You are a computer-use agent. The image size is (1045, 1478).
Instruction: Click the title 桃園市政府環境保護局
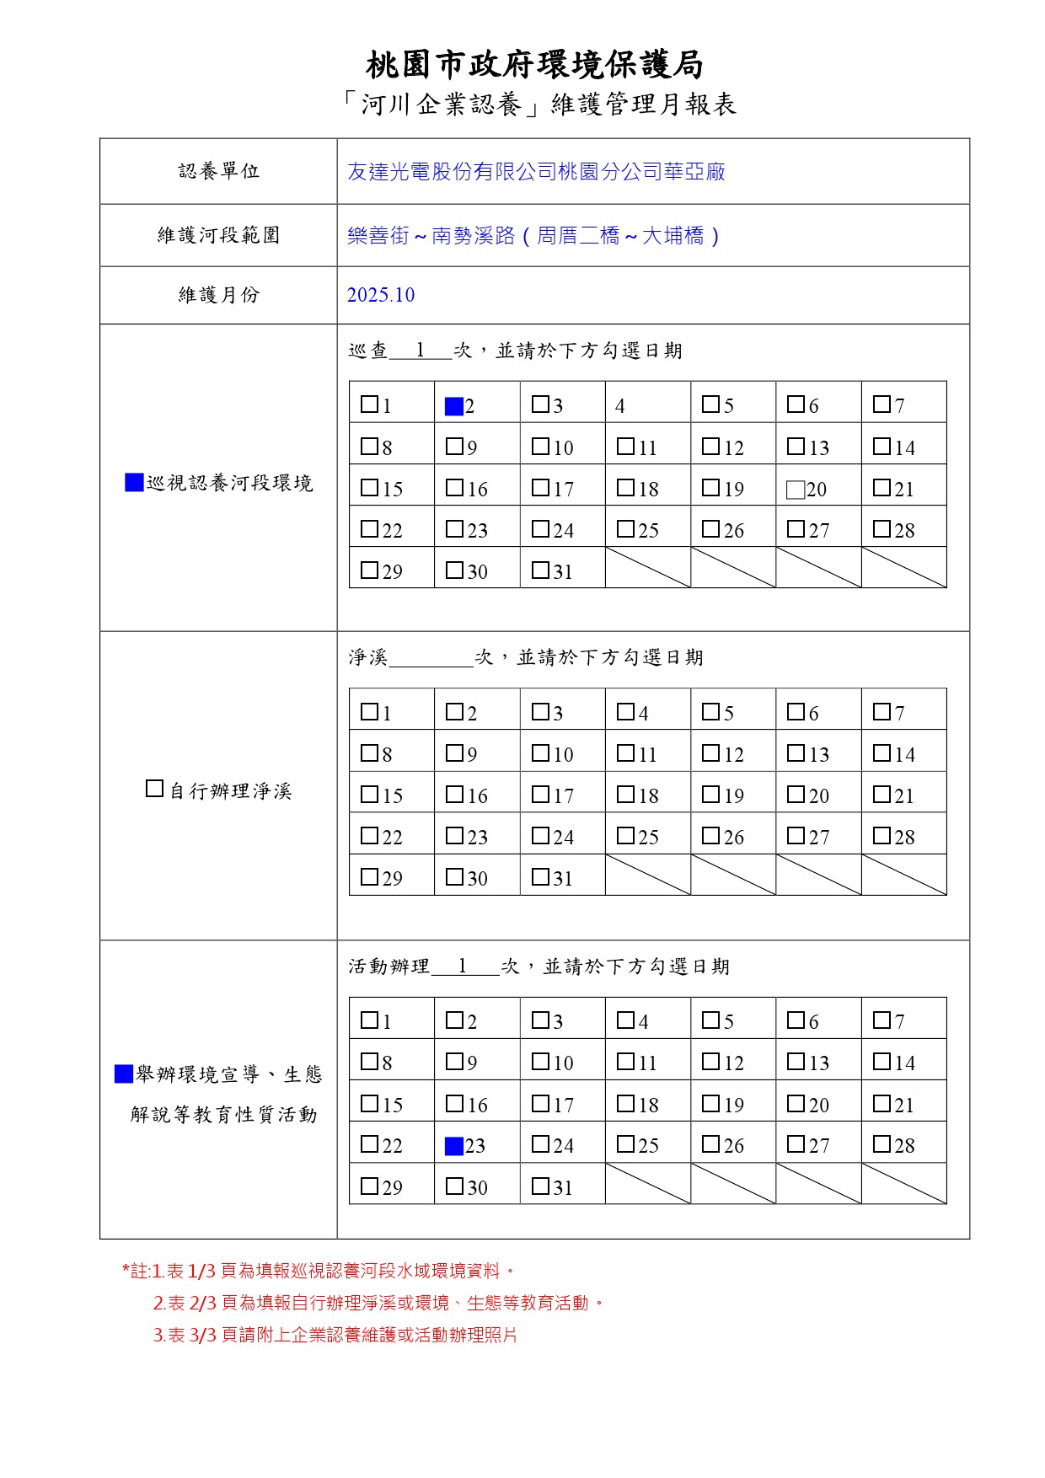coord(534,65)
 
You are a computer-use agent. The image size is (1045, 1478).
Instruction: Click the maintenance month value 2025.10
coord(381,295)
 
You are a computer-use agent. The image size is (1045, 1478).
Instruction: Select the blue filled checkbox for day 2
coord(454,406)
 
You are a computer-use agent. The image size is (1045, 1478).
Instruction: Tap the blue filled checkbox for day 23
coord(454,1146)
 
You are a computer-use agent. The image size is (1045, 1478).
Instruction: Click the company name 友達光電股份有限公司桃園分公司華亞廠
coord(536,172)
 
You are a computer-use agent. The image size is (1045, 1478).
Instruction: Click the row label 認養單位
coord(218,172)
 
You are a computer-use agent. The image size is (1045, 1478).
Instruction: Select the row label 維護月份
coord(218,295)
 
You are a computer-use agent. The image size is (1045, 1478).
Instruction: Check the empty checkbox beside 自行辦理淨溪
coord(154,790)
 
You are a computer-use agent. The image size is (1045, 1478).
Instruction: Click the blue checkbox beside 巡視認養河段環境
coord(134,483)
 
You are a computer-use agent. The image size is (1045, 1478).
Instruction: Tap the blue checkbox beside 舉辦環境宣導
coord(123,1074)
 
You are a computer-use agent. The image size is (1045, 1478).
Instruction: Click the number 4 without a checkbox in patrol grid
coord(619,406)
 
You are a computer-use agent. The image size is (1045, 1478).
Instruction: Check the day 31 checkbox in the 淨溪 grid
coord(540,876)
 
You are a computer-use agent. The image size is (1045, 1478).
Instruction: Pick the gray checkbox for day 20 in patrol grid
coord(795,490)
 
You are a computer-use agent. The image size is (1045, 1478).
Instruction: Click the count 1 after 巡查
coord(420,351)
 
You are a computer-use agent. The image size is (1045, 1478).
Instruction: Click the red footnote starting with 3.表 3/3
coord(335,1336)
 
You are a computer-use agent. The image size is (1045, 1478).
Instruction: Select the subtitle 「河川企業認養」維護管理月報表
coord(539,104)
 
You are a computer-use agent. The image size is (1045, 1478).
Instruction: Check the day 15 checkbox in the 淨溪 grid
coord(369,794)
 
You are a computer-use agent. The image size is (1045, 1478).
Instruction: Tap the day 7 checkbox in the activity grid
coord(882,1020)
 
